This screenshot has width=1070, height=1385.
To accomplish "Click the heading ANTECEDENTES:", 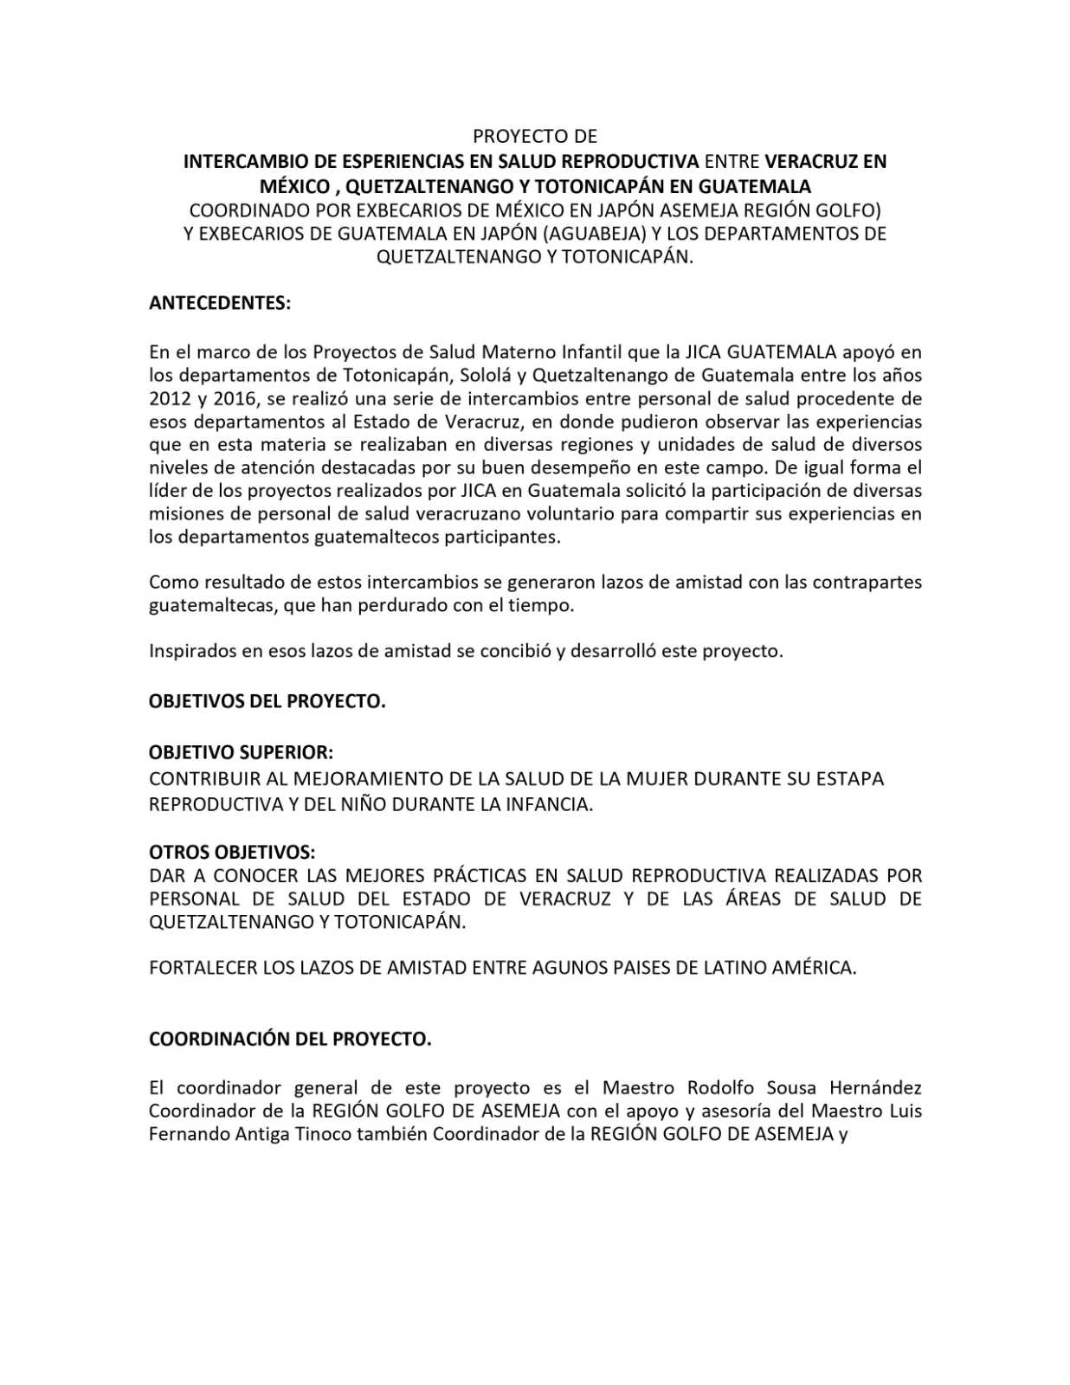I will coord(220,303).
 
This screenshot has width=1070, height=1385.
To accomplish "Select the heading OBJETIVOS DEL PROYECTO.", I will coord(267,701).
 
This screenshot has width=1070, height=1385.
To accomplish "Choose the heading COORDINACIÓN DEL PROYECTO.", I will coord(290,1039).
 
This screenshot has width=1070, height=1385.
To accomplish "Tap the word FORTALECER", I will coord(202,968).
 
